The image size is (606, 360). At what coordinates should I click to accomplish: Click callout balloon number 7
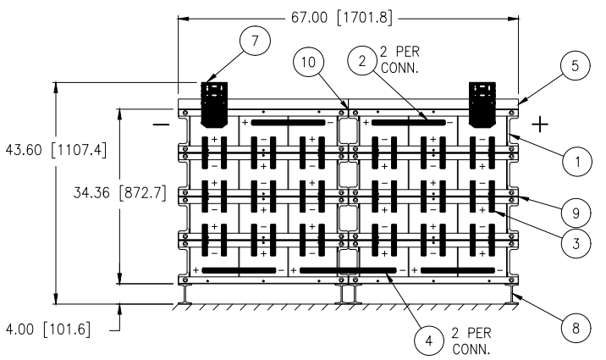click(x=255, y=41)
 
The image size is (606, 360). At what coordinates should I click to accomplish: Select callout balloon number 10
click(x=308, y=62)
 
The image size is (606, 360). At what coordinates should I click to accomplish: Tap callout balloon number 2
click(x=362, y=61)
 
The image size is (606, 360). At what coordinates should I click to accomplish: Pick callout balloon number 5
click(x=575, y=65)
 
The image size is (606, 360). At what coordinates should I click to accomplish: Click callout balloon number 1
click(x=577, y=161)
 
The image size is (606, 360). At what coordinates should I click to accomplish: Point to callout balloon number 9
click(x=576, y=213)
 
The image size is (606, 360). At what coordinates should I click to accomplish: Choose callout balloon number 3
click(x=576, y=244)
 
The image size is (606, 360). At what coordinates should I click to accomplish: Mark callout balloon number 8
click(x=576, y=329)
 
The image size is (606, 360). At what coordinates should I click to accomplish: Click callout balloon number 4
click(x=429, y=341)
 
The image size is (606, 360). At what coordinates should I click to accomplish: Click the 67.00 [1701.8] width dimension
click(x=342, y=18)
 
